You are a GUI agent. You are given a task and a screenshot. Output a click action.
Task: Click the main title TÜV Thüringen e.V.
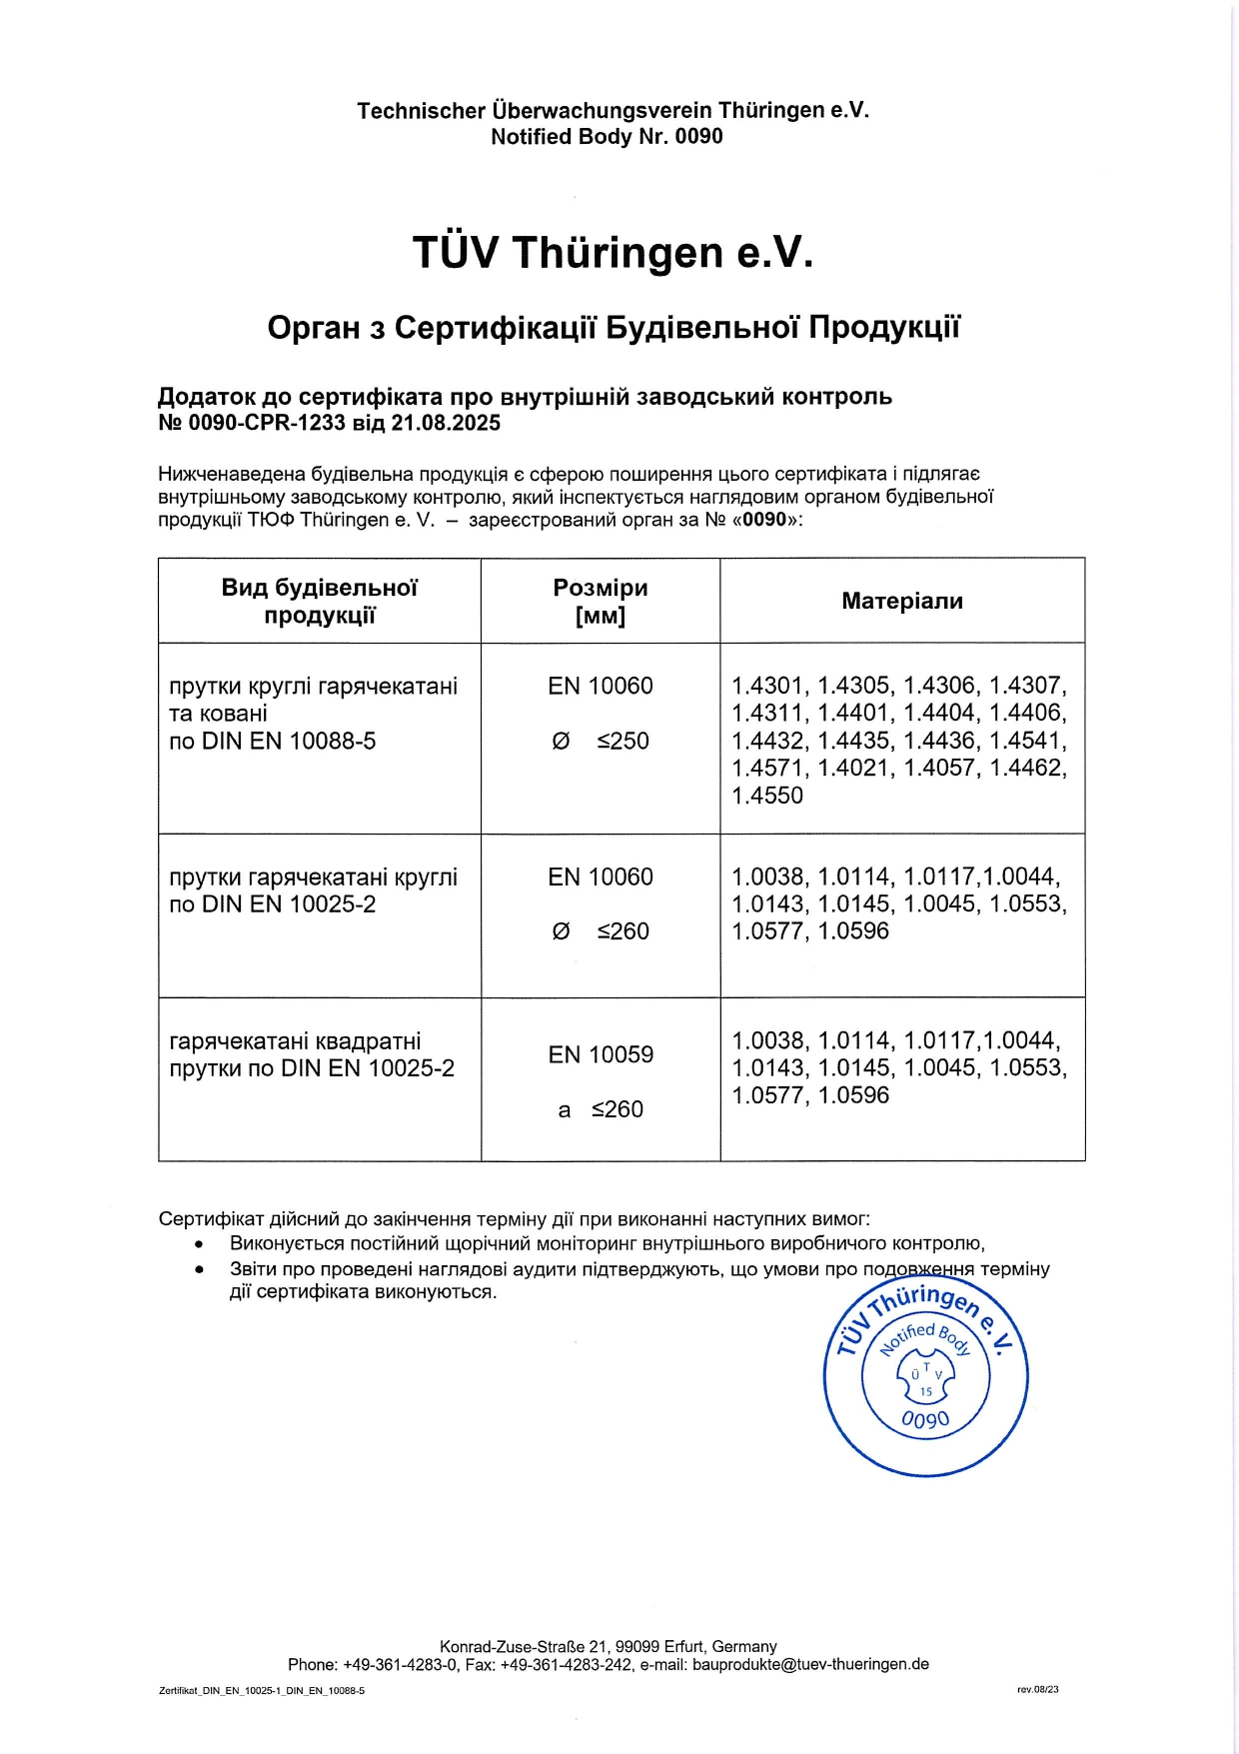tap(613, 253)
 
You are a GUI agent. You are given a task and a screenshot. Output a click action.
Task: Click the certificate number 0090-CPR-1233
tap(267, 423)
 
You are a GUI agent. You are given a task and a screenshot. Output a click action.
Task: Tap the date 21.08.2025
tap(446, 423)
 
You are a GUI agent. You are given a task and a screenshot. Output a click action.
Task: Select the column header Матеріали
tap(901, 601)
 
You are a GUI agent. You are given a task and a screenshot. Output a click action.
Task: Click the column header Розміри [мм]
tap(600, 601)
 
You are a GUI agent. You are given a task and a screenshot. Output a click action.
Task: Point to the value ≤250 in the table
tap(622, 742)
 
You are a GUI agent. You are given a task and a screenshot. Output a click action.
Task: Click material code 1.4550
tap(767, 796)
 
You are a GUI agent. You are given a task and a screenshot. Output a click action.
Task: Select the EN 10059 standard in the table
tap(600, 1055)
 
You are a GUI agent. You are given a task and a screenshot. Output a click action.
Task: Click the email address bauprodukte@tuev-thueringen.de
tap(810, 1664)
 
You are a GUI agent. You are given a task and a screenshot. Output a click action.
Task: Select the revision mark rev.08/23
tap(1037, 1690)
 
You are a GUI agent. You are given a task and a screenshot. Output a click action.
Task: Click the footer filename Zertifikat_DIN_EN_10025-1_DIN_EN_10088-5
tap(262, 1691)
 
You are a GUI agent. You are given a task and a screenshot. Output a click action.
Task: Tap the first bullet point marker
tap(200, 1244)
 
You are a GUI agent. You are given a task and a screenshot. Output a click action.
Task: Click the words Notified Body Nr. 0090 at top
tap(607, 137)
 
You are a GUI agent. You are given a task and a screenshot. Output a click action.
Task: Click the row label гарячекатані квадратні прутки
tap(296, 1041)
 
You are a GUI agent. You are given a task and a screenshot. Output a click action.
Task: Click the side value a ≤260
tap(600, 1109)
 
